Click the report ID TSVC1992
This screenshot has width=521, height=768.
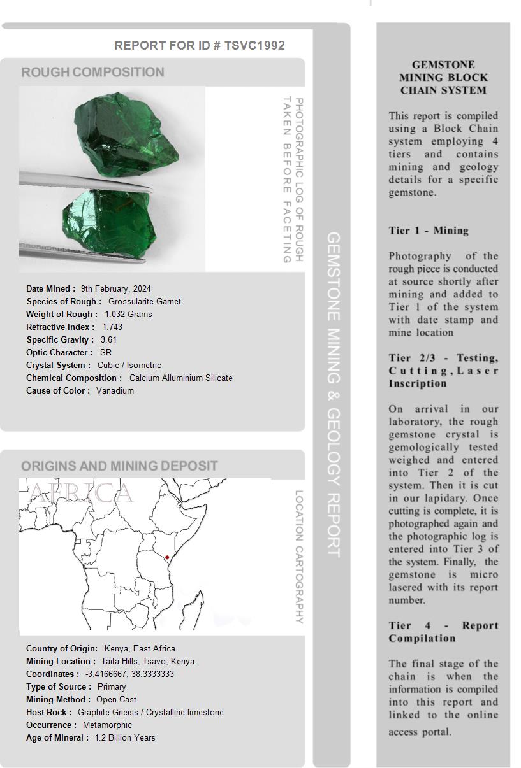coord(254,45)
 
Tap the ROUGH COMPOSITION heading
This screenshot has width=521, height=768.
coord(93,73)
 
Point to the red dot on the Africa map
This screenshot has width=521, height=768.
coord(167,558)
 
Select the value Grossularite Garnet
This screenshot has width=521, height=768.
coord(145,301)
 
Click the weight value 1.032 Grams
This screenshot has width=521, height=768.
coord(128,314)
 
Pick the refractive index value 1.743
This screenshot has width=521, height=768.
coord(112,327)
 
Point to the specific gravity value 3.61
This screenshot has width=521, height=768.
coord(108,339)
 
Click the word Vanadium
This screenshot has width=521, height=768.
coord(115,390)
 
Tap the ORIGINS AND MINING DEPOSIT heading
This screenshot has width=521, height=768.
coord(119,466)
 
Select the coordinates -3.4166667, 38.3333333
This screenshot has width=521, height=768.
coord(129,674)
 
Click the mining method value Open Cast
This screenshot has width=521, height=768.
coord(116,699)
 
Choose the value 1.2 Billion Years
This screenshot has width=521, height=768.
coord(125,737)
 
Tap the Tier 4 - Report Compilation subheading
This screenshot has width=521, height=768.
coord(443,632)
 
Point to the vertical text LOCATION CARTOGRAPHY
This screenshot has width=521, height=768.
coord(298,557)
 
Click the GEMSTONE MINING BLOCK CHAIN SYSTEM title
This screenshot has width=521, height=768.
coord(443,77)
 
